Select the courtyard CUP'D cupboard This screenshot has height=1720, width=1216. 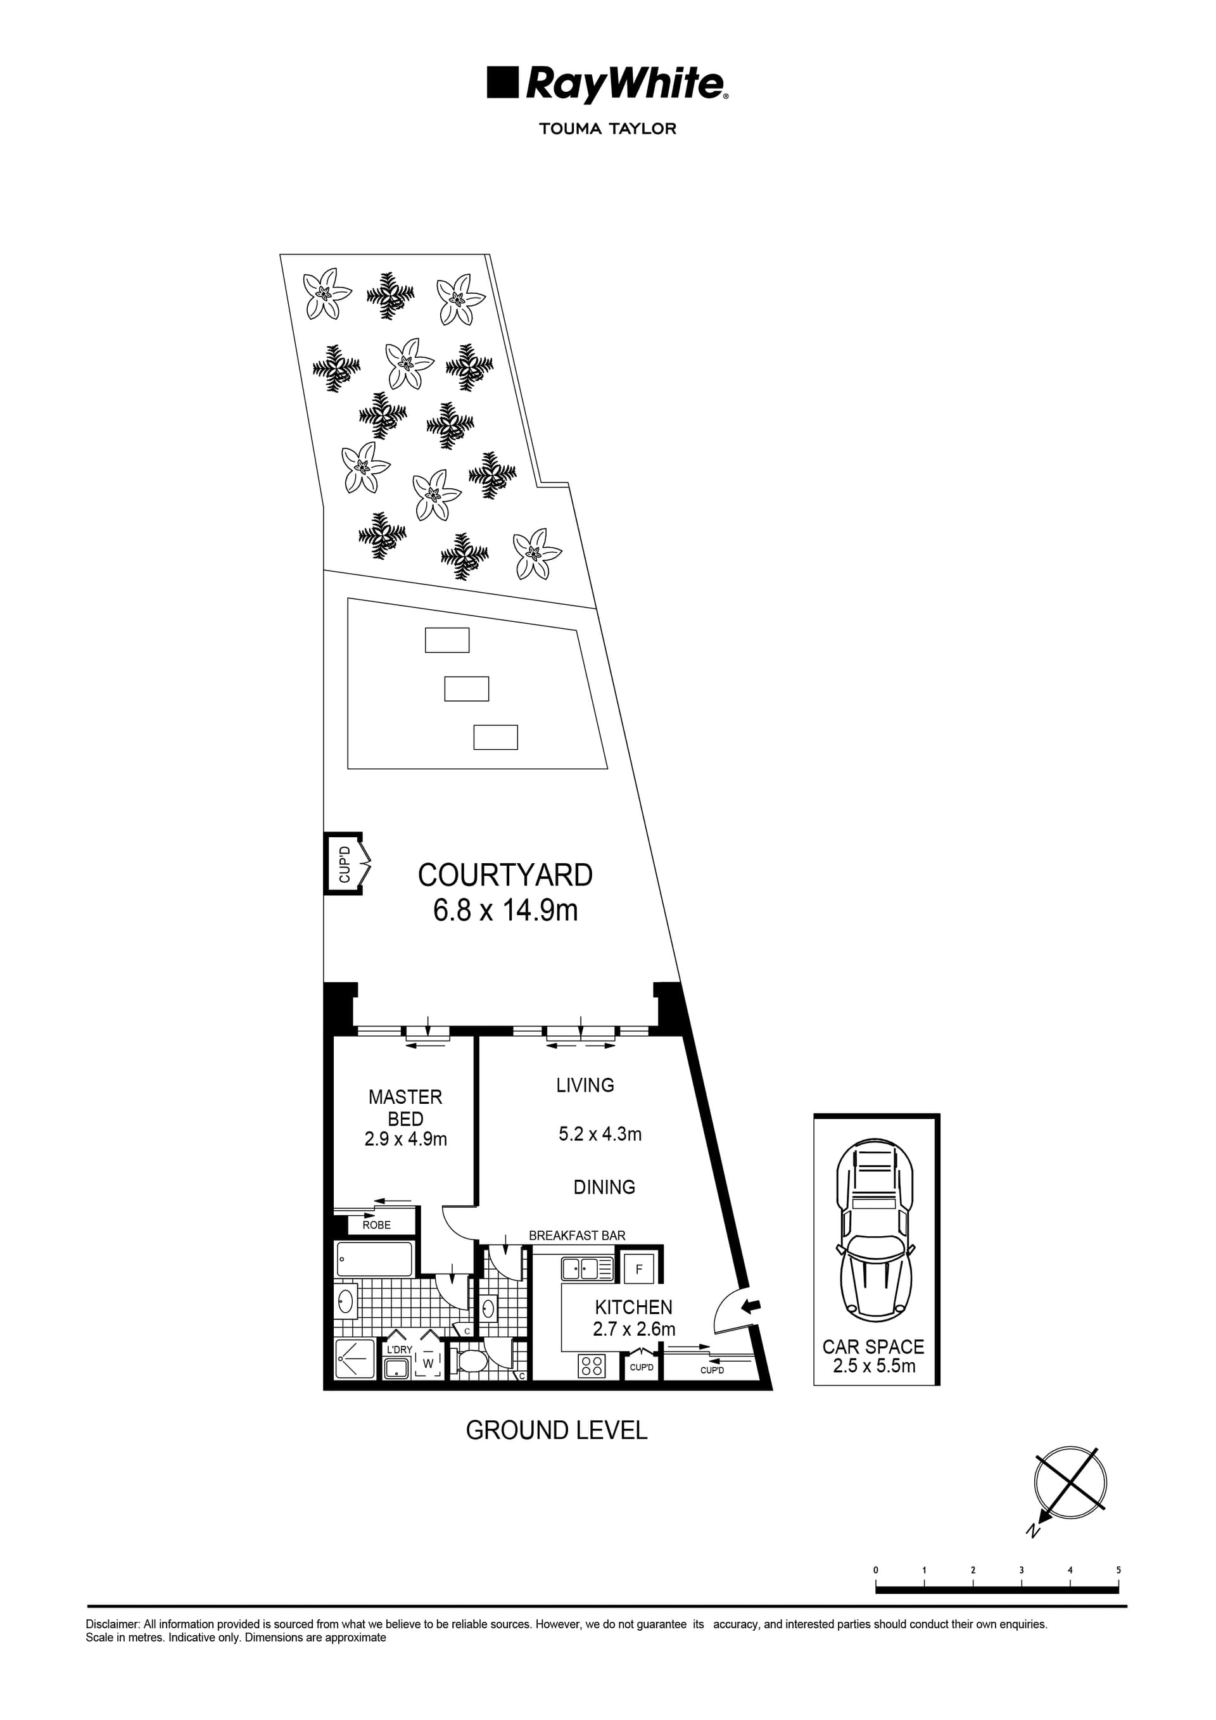point(344,864)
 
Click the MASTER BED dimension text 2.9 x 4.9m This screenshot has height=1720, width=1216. point(405,1139)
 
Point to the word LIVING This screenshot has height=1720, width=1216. point(585,1085)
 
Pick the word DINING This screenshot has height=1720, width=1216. point(604,1187)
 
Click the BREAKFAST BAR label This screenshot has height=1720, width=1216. point(577,1236)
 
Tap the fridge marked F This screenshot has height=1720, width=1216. point(638,1269)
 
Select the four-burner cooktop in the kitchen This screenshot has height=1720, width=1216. point(591,1367)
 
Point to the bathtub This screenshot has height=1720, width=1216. point(374,1259)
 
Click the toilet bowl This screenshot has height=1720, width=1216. point(471,1360)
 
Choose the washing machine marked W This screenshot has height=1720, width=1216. point(427,1363)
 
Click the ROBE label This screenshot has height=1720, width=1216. point(376,1225)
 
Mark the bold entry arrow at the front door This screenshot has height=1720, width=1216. point(750,1306)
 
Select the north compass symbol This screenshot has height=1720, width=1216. point(1070,1483)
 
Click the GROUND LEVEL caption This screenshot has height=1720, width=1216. point(556,1430)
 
